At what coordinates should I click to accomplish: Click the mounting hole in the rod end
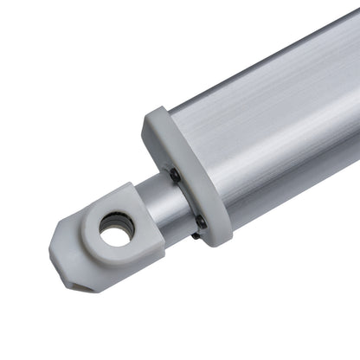click(116, 228)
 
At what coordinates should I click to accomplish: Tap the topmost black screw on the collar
click(175, 175)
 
